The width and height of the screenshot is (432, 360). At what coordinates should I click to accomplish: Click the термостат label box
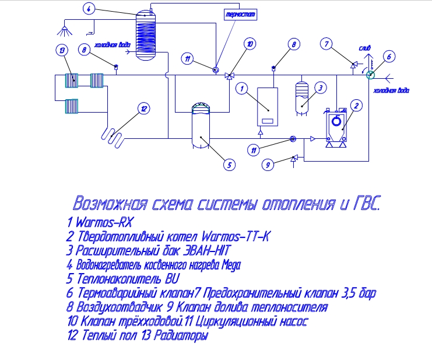click(241, 15)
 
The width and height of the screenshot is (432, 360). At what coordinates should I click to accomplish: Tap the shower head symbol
click(65, 31)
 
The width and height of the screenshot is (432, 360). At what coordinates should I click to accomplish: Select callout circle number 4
click(89, 9)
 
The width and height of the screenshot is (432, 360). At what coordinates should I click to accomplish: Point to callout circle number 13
click(62, 50)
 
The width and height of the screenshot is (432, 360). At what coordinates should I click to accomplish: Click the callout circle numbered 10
click(250, 44)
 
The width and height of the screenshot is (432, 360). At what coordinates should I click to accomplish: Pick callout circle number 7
click(326, 44)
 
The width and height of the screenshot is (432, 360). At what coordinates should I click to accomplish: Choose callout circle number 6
click(389, 57)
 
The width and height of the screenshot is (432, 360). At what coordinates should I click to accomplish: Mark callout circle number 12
click(144, 109)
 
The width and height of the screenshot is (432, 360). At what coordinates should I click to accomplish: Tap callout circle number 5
click(229, 165)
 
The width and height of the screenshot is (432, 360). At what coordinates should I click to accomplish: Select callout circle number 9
click(268, 165)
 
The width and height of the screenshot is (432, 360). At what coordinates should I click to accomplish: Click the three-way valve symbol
click(229, 76)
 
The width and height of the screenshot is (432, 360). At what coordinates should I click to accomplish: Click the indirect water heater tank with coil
click(146, 35)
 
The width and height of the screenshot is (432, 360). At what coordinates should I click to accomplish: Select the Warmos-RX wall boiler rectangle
click(268, 107)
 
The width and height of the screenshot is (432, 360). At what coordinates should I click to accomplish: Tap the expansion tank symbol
click(302, 98)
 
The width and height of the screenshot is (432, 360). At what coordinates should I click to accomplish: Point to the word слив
click(364, 48)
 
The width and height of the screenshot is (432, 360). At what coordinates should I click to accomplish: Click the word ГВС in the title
click(366, 204)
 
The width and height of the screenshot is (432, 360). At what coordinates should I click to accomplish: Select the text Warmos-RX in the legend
click(104, 222)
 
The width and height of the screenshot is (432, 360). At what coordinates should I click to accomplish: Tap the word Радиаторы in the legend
click(181, 335)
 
